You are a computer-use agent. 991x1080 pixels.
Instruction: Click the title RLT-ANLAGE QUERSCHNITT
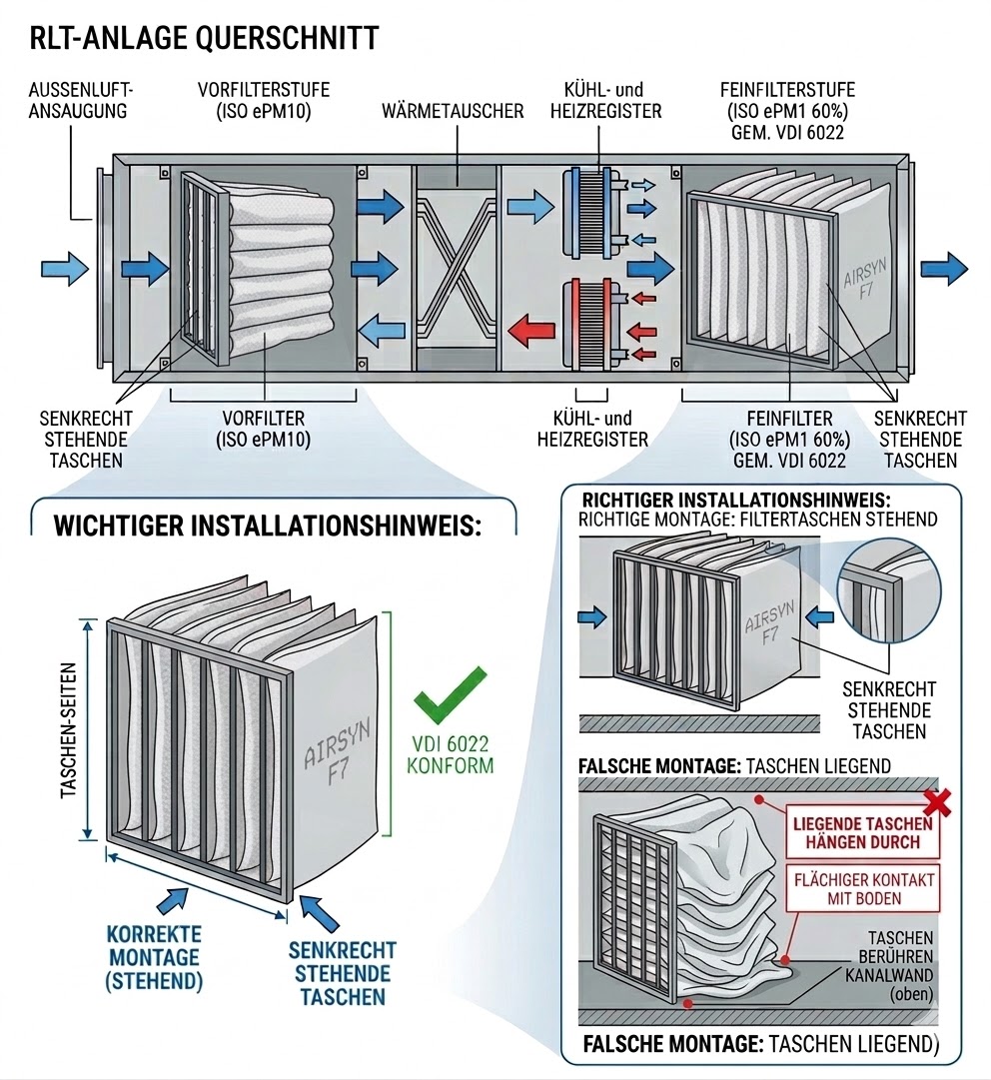(x=204, y=38)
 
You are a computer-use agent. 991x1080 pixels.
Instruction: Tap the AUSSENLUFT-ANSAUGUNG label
(x=81, y=100)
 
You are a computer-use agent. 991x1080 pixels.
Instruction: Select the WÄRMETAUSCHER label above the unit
(x=453, y=110)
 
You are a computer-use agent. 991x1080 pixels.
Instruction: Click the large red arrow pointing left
(x=533, y=327)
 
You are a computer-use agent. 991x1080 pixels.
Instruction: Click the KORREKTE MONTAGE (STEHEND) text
(x=153, y=957)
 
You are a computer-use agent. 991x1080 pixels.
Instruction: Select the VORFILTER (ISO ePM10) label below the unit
(x=264, y=429)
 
